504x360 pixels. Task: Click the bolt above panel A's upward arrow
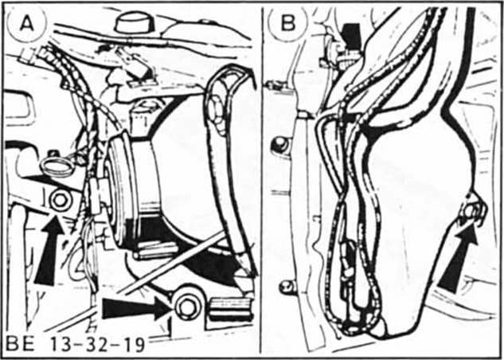tap(57, 200)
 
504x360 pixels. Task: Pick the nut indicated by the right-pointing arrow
tap(188, 305)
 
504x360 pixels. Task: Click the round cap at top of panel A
tap(134, 22)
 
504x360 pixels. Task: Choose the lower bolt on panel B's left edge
tap(286, 286)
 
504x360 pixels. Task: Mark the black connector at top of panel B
tap(348, 36)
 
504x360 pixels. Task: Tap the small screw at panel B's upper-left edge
tap(275, 83)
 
